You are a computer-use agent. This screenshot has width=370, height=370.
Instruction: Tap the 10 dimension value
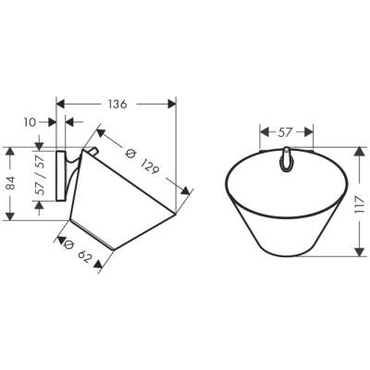click(28, 120)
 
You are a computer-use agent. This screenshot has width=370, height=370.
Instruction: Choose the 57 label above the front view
click(287, 118)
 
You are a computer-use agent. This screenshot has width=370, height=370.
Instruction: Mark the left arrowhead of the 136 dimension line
click(60, 103)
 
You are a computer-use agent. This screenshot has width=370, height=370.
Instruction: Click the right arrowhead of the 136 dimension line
click(176, 103)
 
